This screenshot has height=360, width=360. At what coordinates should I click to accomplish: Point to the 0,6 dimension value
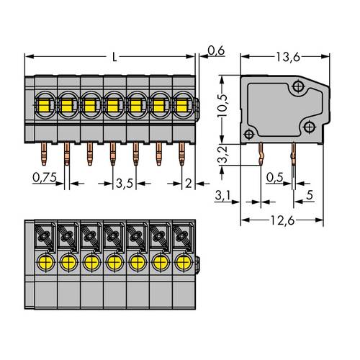click(x=215, y=50)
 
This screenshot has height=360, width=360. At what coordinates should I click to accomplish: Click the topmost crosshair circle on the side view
click(x=297, y=87)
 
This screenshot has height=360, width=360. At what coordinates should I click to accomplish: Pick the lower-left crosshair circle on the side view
click(x=248, y=134)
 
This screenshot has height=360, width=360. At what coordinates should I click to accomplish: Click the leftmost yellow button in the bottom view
click(x=45, y=261)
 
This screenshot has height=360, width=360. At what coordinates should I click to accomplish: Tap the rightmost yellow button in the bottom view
click(x=183, y=261)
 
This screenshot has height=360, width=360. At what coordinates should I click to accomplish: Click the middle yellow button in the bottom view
click(x=114, y=261)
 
